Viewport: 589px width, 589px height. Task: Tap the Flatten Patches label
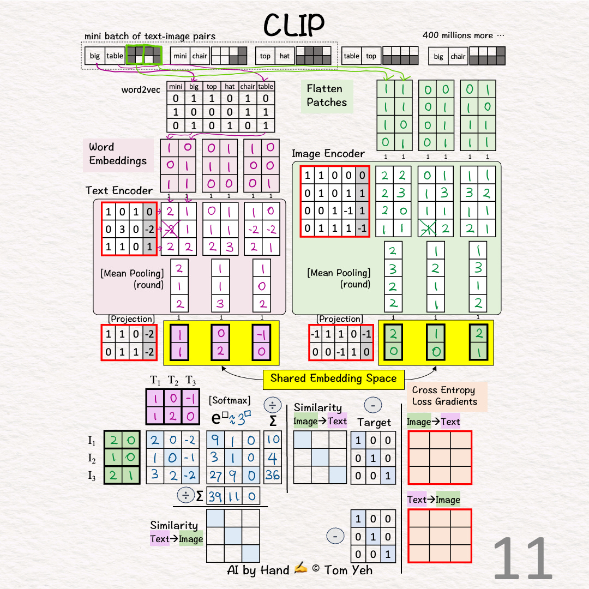(327, 95)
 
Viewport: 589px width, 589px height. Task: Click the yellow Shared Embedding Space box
(333, 378)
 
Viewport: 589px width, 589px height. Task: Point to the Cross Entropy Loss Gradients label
(444, 396)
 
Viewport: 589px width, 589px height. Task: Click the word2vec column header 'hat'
(230, 86)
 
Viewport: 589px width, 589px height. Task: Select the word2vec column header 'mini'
(175, 86)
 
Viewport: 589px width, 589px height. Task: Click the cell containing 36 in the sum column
(273, 474)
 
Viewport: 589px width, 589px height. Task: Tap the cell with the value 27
(215, 475)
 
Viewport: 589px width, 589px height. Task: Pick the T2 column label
(173, 380)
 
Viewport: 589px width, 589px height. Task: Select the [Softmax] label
(229, 401)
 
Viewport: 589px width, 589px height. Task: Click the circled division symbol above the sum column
(272, 405)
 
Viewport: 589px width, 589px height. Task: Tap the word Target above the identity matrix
(374, 422)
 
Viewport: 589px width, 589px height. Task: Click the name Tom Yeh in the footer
(348, 570)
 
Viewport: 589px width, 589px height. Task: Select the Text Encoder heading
(119, 190)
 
